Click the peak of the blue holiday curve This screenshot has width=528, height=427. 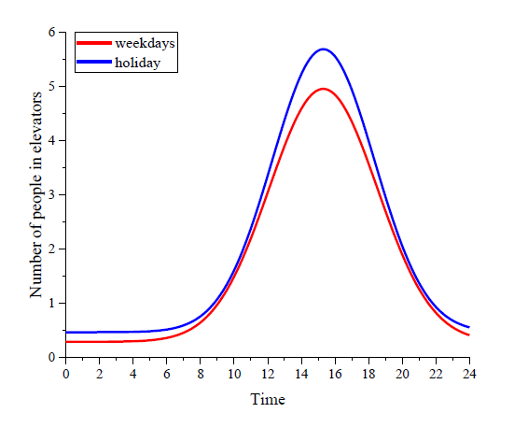(x=324, y=50)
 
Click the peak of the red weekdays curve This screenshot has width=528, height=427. (x=324, y=89)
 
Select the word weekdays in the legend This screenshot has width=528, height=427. (x=145, y=43)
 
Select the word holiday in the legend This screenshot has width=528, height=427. (x=137, y=63)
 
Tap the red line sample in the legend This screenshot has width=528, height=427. (x=94, y=43)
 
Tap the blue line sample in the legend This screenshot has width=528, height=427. (x=94, y=62)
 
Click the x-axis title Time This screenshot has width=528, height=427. (x=268, y=399)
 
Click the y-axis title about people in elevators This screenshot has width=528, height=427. (x=36, y=194)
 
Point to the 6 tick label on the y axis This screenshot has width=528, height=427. (x=51, y=32)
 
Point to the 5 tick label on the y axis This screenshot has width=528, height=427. (x=51, y=86)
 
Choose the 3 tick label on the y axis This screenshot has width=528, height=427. (x=51, y=194)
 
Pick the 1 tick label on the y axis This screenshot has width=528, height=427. (x=51, y=304)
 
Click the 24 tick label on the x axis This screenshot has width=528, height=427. (x=469, y=374)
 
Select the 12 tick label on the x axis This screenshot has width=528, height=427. (x=268, y=374)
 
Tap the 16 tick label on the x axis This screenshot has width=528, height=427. (x=335, y=374)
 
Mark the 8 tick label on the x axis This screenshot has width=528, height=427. (x=201, y=374)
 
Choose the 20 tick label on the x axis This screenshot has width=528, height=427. (x=402, y=374)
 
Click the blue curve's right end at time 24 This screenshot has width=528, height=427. (x=469, y=327)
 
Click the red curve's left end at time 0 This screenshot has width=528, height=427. (x=66, y=342)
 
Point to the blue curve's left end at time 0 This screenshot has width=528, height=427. (x=66, y=333)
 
